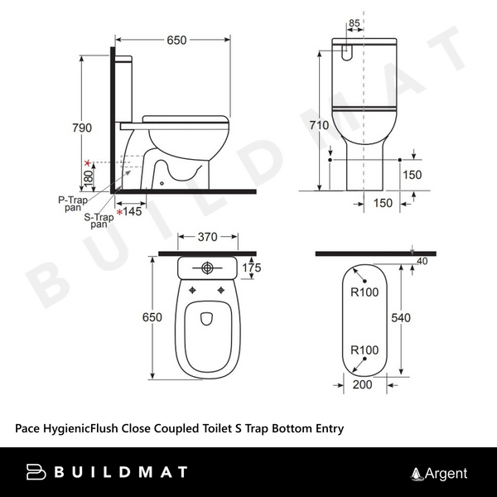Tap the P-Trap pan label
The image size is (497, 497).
[74, 204]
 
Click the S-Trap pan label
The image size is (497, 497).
[99, 220]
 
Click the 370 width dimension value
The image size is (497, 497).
[207, 237]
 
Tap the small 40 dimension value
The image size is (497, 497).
[424, 262]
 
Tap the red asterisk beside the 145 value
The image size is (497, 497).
[120, 213]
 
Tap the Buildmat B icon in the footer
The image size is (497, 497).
[37, 473]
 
